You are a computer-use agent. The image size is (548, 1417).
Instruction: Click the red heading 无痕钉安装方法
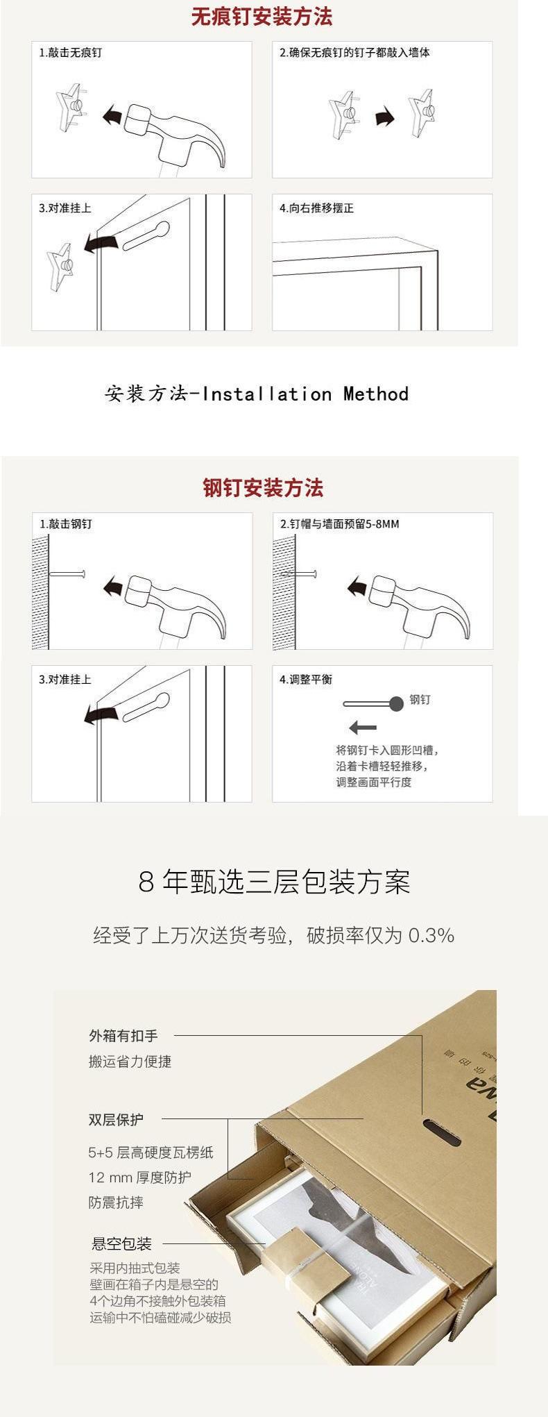click(262, 16)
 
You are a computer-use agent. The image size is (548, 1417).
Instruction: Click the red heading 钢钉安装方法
click(263, 487)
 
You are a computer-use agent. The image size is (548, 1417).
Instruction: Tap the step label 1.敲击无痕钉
click(70, 53)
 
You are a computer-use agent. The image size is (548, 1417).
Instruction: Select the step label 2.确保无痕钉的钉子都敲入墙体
click(354, 53)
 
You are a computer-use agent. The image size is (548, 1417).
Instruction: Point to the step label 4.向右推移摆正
click(316, 208)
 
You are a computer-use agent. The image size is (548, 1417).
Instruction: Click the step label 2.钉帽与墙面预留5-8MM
click(339, 524)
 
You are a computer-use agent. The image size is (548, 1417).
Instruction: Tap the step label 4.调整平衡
click(306, 680)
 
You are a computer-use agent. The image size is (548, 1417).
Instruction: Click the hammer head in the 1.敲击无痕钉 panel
click(138, 119)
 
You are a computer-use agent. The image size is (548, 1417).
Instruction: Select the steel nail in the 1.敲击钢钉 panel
click(67, 573)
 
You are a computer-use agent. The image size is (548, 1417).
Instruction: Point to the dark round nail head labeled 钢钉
click(396, 704)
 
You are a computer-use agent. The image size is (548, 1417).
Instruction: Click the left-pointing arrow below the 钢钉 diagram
click(363, 728)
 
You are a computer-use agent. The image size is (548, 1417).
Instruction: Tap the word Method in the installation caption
click(376, 394)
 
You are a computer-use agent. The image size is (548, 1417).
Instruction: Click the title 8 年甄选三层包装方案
click(274, 882)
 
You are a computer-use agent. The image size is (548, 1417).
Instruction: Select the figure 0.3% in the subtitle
click(431, 935)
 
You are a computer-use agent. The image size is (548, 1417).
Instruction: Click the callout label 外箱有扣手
click(123, 1036)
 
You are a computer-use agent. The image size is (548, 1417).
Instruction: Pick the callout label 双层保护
click(116, 1119)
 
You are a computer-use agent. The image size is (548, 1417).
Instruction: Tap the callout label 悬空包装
click(121, 1243)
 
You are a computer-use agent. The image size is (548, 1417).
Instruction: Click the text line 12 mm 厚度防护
click(139, 1177)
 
